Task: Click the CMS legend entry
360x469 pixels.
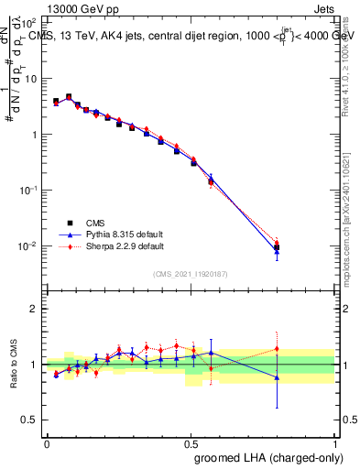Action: pos(97,222)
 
